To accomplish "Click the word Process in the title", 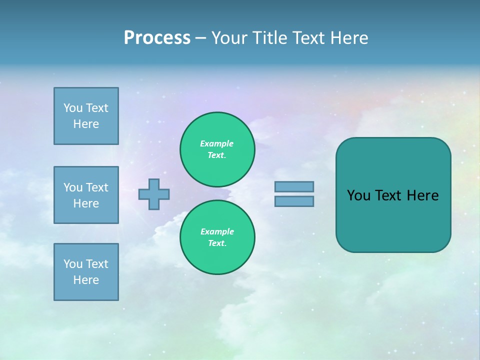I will (x=157, y=37).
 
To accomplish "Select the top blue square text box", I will (x=86, y=116).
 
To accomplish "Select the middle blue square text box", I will (x=86, y=195).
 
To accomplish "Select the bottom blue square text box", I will (x=86, y=272).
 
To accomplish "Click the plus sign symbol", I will (x=154, y=194).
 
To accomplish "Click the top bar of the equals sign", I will (x=294, y=186).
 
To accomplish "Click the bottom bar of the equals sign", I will (x=294, y=201).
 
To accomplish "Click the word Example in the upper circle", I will (x=216, y=143).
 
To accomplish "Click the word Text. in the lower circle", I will (x=217, y=243).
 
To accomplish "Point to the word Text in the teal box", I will (x=388, y=195).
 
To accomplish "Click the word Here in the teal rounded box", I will (x=422, y=195).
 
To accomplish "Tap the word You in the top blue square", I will (x=73, y=108).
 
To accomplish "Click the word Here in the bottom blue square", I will (x=86, y=280).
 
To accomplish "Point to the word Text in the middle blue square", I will (x=97, y=187).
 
